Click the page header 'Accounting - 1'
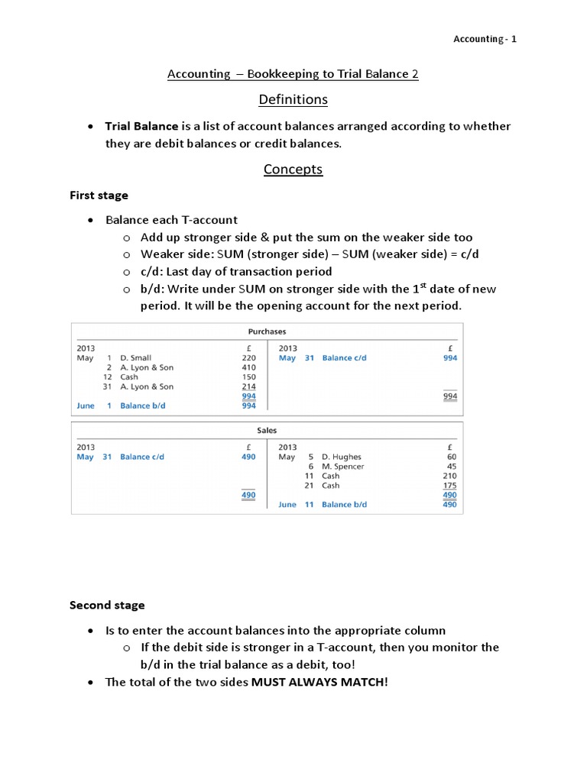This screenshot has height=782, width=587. point(485,39)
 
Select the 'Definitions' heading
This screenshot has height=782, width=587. point(293,99)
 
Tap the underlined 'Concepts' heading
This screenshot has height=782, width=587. point(293,169)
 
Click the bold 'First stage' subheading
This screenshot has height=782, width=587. point(99,195)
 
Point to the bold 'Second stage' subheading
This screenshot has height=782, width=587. point(107,605)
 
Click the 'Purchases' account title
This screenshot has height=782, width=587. point(267,331)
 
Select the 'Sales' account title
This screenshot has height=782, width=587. point(267,431)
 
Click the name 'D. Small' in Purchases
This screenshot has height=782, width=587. point(135,357)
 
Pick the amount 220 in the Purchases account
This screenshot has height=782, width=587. point(248,357)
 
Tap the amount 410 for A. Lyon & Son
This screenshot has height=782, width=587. point(248,367)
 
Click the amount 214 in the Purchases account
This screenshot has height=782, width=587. point(248,386)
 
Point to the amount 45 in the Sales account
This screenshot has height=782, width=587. point(452,467)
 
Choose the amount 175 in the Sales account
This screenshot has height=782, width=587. point(450,485)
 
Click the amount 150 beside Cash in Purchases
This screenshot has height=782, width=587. point(248,377)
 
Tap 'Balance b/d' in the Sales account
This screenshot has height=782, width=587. point(344,505)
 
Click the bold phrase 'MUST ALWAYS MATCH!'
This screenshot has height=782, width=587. point(319,682)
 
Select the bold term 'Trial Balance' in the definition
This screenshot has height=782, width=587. point(141,126)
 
